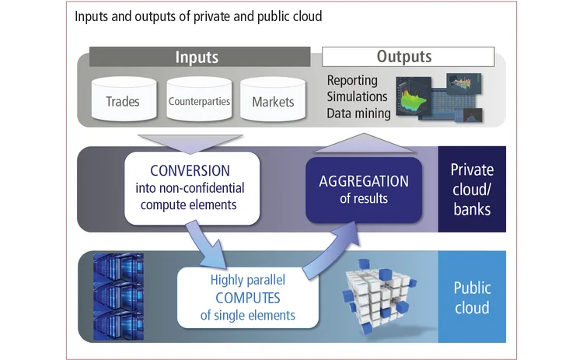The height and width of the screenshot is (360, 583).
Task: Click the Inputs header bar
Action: (x=200, y=57)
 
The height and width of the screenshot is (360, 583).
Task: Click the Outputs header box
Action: (x=408, y=57)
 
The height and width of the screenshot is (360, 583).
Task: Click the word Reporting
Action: (x=352, y=81)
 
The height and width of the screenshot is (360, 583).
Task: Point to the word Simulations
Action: (x=357, y=96)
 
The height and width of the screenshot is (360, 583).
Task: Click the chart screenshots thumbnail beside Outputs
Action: (x=440, y=96)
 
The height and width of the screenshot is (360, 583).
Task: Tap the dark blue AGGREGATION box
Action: (x=364, y=189)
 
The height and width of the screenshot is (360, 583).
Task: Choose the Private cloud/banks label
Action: (x=472, y=190)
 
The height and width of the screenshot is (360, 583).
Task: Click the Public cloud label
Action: (x=472, y=298)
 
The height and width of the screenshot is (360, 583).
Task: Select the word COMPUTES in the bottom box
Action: (x=237, y=298)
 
